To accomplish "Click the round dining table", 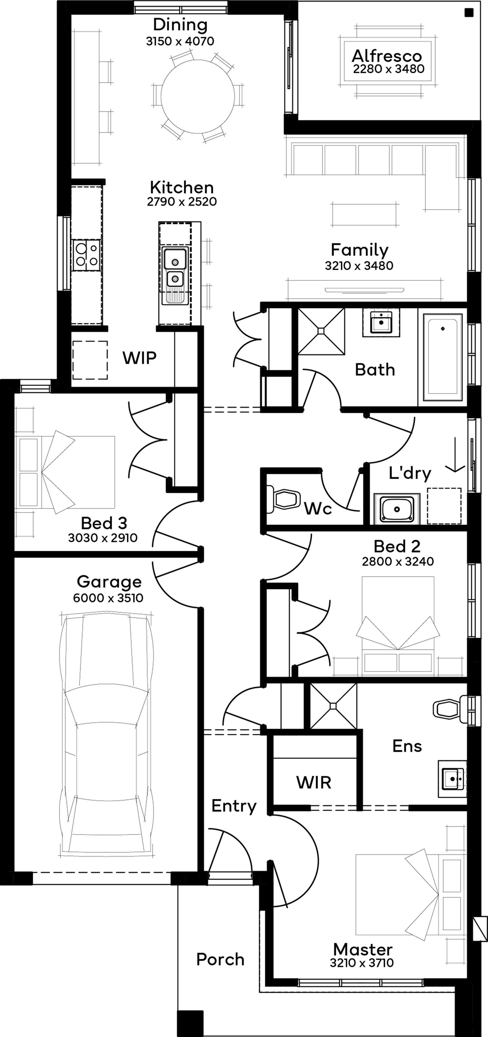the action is pyautogui.click(x=197, y=97).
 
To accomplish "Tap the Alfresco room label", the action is pyautogui.click(x=387, y=56).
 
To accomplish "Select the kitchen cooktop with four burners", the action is pyautogui.click(x=86, y=255).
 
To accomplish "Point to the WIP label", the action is pyautogui.click(x=139, y=358).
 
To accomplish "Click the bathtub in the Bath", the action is pyautogui.click(x=443, y=357).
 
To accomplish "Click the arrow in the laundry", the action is pyautogui.click(x=455, y=455).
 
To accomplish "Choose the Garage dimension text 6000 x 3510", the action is pyautogui.click(x=108, y=598).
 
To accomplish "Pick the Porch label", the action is pyautogui.click(x=220, y=960).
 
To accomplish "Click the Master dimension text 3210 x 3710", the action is pyautogui.click(x=362, y=963).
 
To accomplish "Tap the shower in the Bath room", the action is pyautogui.click(x=321, y=331).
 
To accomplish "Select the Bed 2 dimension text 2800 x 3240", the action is pyautogui.click(x=398, y=562).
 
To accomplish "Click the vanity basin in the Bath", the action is pyautogui.click(x=381, y=322).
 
